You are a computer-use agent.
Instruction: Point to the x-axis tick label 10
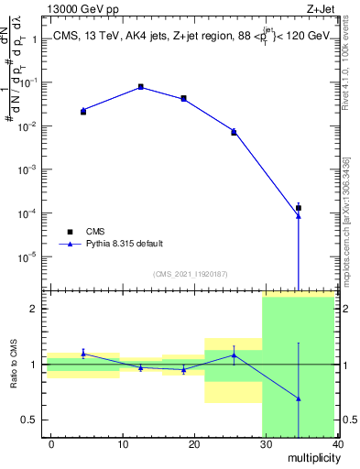pyautogui.click(x=123, y=444)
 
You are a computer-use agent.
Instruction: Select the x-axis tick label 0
pyautogui.click(x=51, y=444)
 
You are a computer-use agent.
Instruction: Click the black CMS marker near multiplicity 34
pyautogui.click(x=299, y=208)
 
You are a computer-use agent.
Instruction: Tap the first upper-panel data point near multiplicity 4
pyautogui.click(x=83, y=111)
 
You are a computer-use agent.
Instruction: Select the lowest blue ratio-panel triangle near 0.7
pyautogui.click(x=299, y=399)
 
